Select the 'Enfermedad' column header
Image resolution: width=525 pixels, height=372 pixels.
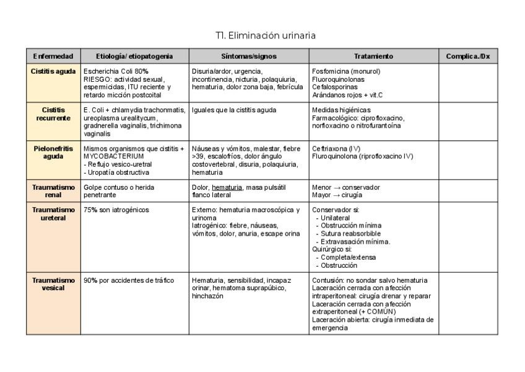pyautogui.click(x=53, y=56)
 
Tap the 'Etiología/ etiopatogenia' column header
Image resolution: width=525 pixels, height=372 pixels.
pyautogui.click(x=134, y=56)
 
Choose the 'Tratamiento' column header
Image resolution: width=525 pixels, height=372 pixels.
pyautogui.click(x=373, y=56)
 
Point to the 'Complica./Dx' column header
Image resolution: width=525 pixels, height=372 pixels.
pyautogui.click(x=468, y=56)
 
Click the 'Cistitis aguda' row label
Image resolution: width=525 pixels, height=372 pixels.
pyautogui.click(x=53, y=71)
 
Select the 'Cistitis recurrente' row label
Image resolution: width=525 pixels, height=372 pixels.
pyautogui.click(x=53, y=114)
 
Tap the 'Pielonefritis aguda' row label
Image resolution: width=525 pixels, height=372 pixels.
pyautogui.click(x=53, y=153)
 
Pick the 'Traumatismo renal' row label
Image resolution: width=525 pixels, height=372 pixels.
pyautogui.click(x=53, y=191)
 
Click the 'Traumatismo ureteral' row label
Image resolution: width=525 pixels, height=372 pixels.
pyautogui.click(x=53, y=214)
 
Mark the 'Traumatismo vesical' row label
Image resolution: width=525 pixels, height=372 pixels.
pyautogui.click(x=53, y=284)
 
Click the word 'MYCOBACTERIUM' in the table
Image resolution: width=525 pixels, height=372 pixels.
pyautogui.click(x=109, y=157)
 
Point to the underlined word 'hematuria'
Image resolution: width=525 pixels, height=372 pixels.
pyautogui.click(x=227, y=187)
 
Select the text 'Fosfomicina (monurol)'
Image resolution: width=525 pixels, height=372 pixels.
pyautogui.click(x=346, y=71)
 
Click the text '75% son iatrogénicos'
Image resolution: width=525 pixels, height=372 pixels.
pyautogui.click(x=116, y=210)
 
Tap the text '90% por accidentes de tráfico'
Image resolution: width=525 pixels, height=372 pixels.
pyautogui.click(x=129, y=280)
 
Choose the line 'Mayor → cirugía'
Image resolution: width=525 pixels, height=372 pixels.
pyautogui.click(x=337, y=195)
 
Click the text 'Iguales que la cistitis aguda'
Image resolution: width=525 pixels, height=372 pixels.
pyautogui.click(x=234, y=110)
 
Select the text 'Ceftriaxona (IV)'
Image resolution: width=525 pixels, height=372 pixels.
pyautogui.click(x=337, y=149)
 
